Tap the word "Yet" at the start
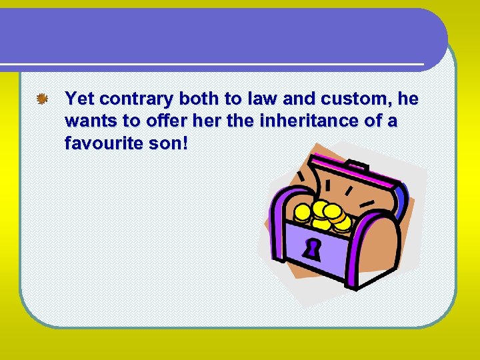[x=79, y=100]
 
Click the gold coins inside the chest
[x=323, y=215]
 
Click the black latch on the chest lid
[x=357, y=165]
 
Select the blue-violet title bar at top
[x=220, y=37]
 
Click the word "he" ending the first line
[x=407, y=100]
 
